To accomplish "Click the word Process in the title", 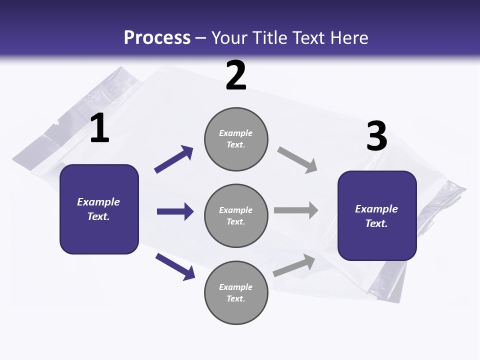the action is click(x=157, y=38).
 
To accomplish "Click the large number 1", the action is click(x=100, y=127).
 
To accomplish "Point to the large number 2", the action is click(x=236, y=75).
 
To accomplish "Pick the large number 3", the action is click(x=377, y=135).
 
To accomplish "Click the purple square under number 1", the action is click(x=99, y=209).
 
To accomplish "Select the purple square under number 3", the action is click(x=377, y=216).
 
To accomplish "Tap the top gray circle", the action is click(x=236, y=139).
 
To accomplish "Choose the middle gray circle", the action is click(x=236, y=216).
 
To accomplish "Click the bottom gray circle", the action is click(x=236, y=292).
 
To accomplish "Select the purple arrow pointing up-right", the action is click(x=173, y=159).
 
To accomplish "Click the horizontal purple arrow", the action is click(x=175, y=211).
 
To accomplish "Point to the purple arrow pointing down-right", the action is click(x=175, y=267).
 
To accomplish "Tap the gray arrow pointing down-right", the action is click(x=297, y=160).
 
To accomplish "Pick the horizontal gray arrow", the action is click(x=296, y=210).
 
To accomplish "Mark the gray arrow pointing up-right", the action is click(x=294, y=265).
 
